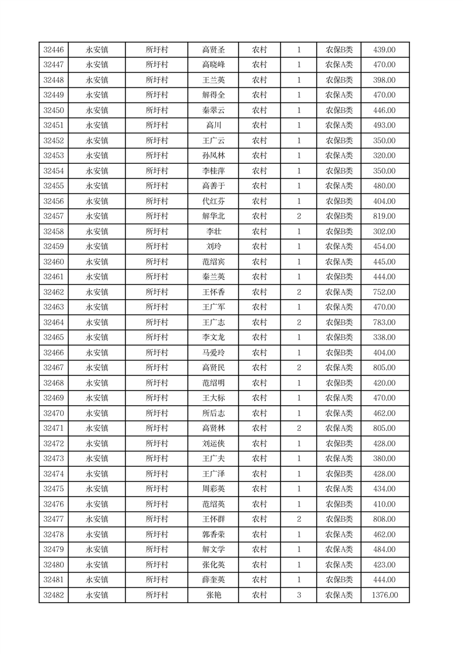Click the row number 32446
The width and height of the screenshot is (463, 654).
(x=54, y=50)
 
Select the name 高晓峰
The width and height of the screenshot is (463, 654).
(x=213, y=65)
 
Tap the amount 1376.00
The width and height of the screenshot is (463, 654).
(x=384, y=595)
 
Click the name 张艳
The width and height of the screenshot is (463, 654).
(x=213, y=595)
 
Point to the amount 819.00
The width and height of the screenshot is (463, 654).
(x=384, y=216)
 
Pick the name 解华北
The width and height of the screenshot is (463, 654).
(x=213, y=216)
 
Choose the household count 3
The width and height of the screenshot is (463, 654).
(x=299, y=595)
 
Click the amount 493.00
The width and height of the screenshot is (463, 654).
(x=384, y=125)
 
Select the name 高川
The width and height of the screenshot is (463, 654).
(x=213, y=125)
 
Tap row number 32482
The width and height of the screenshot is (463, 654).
(x=54, y=595)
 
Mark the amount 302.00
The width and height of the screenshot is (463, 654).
(x=384, y=231)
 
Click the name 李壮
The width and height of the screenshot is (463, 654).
(x=213, y=231)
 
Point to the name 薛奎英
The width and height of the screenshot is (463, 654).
(x=213, y=580)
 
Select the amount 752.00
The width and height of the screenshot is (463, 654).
(x=384, y=292)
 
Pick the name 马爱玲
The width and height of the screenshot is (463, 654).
(x=213, y=353)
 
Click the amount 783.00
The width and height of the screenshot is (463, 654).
(x=384, y=322)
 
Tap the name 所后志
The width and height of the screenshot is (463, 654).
(x=213, y=413)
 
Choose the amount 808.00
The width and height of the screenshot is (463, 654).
(x=384, y=519)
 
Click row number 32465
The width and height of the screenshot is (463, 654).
(x=54, y=337)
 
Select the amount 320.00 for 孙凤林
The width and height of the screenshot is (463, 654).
(x=384, y=156)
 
